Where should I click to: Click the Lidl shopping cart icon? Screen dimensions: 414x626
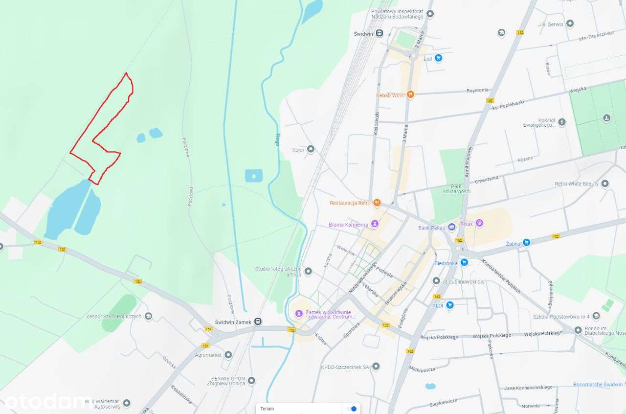(x=438, y=58)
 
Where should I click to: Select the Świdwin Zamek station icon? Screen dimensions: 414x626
(x=258, y=322)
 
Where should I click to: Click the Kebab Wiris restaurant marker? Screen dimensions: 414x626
(x=410, y=94)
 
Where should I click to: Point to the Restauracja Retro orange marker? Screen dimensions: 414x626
(x=377, y=203)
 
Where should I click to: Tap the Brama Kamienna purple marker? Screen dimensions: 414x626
(x=375, y=224)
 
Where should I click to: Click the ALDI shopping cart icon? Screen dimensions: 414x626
(x=449, y=305)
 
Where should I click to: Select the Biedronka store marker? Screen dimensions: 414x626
(x=464, y=262)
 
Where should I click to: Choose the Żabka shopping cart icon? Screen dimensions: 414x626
(x=526, y=242)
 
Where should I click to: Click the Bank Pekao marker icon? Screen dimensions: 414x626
(x=452, y=227)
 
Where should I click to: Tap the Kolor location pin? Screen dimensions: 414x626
(x=311, y=149)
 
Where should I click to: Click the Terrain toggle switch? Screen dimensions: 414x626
(x=351, y=409)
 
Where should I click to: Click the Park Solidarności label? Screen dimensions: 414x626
(x=460, y=189)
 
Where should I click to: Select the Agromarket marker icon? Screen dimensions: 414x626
(x=228, y=354)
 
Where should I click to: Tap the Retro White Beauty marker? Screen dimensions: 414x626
(x=605, y=184)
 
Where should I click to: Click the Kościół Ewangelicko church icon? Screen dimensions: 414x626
(x=562, y=122)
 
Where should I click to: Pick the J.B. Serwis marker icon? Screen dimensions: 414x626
(x=570, y=23)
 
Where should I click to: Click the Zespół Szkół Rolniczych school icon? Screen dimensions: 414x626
(x=148, y=316)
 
